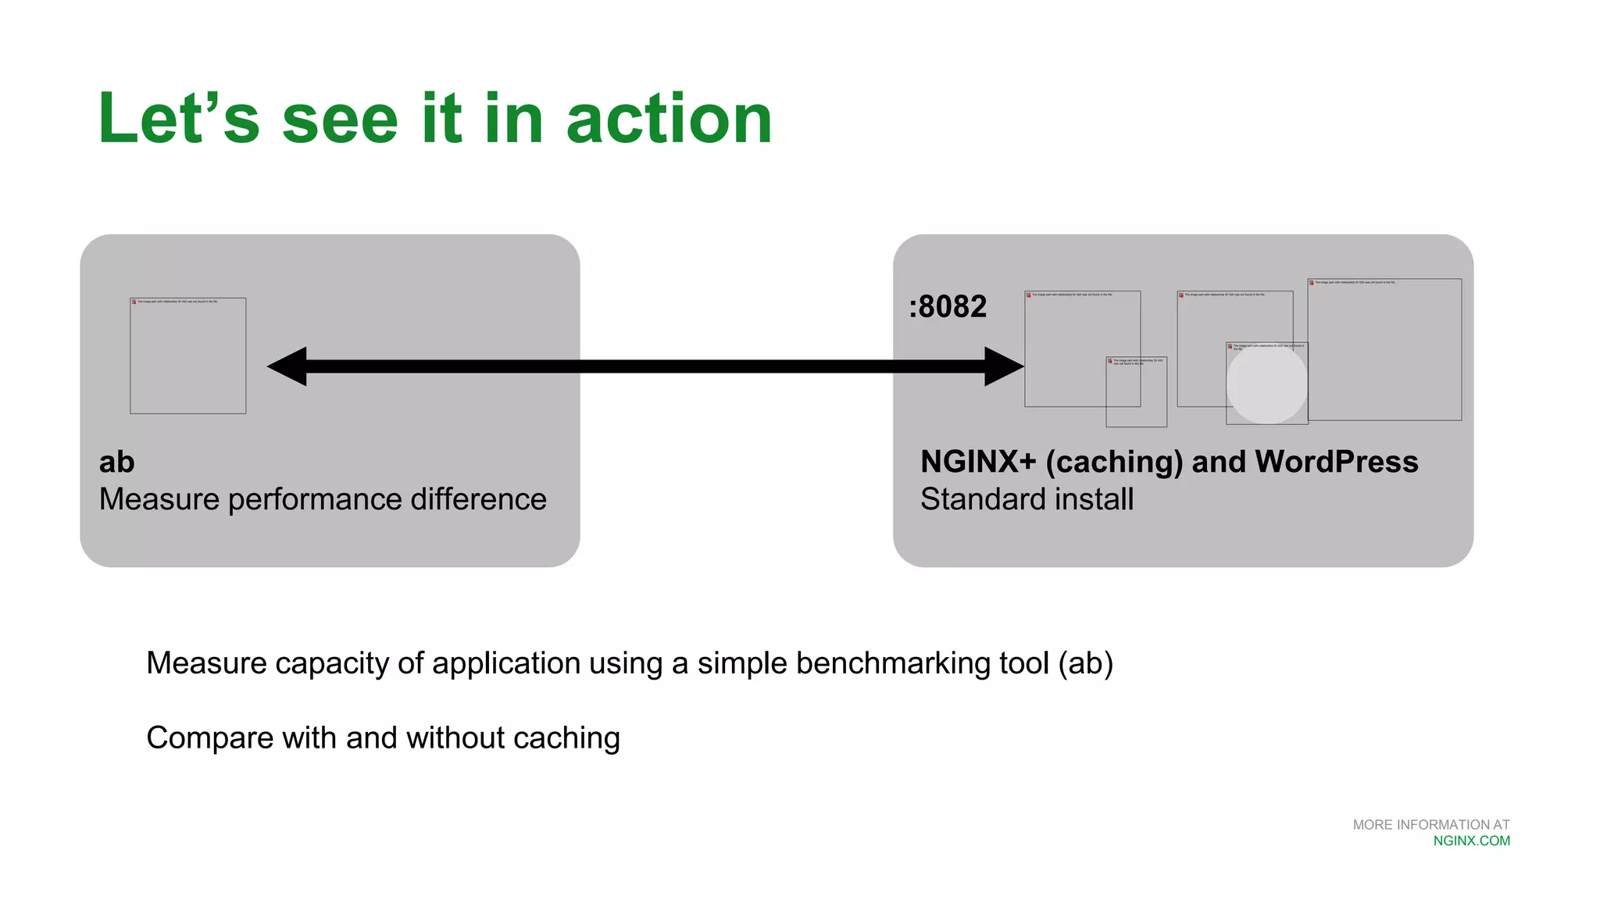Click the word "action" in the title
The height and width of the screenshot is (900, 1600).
[669, 119]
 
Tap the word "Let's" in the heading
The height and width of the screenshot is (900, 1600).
[178, 119]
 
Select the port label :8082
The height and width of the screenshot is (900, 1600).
[948, 306]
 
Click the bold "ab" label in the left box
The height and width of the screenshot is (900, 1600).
[117, 462]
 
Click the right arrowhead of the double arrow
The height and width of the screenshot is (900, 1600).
[1004, 366]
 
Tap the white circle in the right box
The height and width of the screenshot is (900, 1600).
[1266, 384]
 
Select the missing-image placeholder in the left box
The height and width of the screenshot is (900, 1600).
[187, 355]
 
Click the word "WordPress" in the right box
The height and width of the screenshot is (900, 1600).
[1336, 462]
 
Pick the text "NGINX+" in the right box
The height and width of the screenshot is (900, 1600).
[978, 462]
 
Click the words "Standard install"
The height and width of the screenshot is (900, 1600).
[1027, 499]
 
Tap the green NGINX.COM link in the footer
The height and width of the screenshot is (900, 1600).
[1471, 841]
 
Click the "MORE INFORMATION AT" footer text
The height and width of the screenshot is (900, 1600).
[1430, 825]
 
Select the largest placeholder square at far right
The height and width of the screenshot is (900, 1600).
[1384, 349]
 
